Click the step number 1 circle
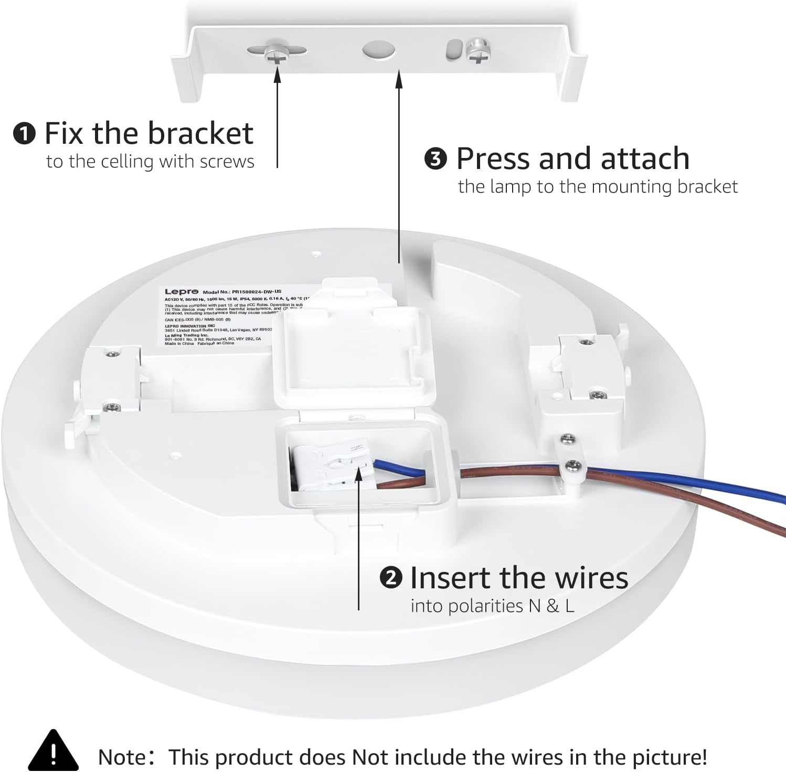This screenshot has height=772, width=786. tap(24, 134)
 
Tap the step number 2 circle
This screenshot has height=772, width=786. tap(390, 578)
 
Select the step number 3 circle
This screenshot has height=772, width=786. tap(436, 159)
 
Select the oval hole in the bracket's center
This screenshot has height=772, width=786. tap(378, 50)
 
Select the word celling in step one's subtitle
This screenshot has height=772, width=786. tap(129, 162)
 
